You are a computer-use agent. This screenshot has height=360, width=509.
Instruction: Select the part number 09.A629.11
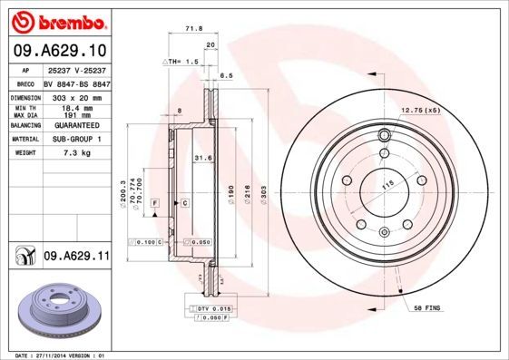click(75, 258)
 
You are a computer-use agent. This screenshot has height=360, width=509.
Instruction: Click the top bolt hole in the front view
click(384, 137)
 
